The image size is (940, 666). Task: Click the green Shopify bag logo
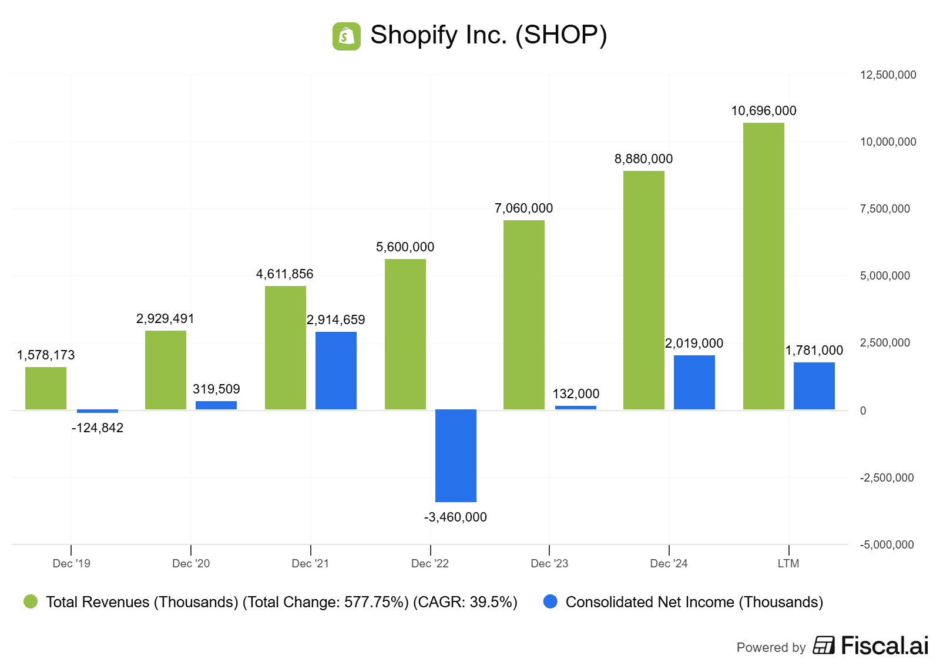(346, 36)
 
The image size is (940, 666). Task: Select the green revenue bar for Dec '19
(46, 388)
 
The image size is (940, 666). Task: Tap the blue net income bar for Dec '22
(455, 455)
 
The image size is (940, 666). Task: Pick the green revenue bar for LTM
(763, 265)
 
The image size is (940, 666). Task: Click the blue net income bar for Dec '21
(335, 370)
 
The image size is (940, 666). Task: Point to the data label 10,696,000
(763, 111)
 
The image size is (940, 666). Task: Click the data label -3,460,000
(455, 517)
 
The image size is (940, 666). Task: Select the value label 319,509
(216, 389)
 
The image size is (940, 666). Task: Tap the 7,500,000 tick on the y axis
(885, 209)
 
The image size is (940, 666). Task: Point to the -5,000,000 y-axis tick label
(887, 545)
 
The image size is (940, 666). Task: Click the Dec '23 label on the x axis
(549, 564)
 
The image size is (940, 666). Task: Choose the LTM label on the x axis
(788, 564)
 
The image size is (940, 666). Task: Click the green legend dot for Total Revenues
(31, 602)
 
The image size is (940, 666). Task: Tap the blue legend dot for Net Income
(550, 602)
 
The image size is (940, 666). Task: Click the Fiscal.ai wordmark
(884, 646)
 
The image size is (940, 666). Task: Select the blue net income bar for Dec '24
(694, 382)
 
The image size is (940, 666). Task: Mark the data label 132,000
(576, 394)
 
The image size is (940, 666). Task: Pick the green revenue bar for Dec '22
(405, 334)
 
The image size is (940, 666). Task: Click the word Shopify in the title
(414, 35)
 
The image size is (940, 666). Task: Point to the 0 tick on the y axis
(863, 411)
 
